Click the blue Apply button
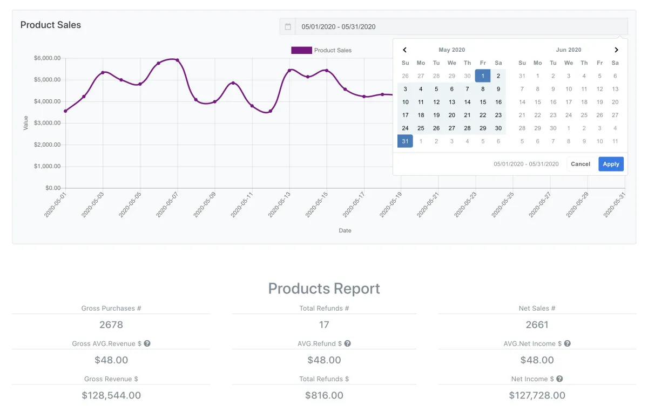[611, 164]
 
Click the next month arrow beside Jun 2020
[616, 50]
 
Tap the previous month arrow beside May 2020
[405, 50]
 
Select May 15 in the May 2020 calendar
[483, 102]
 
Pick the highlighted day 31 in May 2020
[405, 141]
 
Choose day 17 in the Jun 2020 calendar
[569, 102]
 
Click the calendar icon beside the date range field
[288, 26]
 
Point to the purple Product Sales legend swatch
[301, 50]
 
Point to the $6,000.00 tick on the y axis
[47, 58]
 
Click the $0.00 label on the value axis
[53, 188]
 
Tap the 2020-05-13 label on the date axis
[280, 204]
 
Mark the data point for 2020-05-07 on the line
[177, 60]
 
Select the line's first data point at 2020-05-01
[65, 111]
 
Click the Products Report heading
[324, 289]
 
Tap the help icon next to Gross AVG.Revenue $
[147, 344]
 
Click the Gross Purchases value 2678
[111, 325]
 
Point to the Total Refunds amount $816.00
[324, 395]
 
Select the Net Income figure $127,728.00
[537, 395]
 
